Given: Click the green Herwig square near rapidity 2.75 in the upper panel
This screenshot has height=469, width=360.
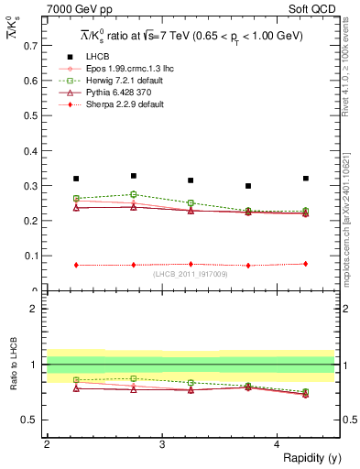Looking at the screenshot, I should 134,194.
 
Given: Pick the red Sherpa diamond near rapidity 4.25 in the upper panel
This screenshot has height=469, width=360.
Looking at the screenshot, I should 306,264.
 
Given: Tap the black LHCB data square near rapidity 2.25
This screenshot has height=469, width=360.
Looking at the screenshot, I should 76,179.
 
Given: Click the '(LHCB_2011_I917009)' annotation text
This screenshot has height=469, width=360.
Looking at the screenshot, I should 191,274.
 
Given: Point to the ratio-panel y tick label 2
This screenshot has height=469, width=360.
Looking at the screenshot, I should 36,309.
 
